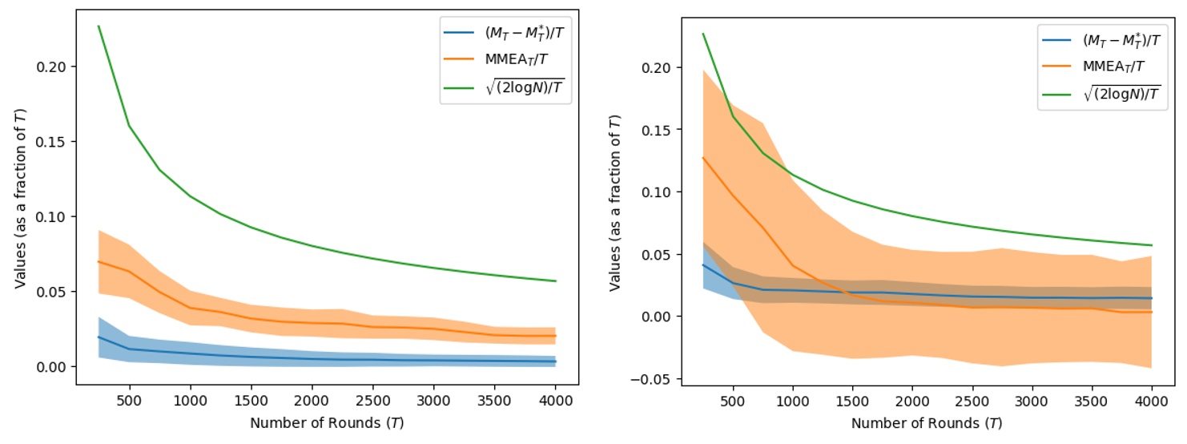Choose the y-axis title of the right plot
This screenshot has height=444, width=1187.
pyautogui.click(x=615, y=204)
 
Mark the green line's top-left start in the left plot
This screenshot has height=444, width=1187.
pyautogui.click(x=99, y=26)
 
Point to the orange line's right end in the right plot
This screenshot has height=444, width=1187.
pyautogui.click(x=1152, y=312)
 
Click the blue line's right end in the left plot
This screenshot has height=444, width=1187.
pyautogui.click(x=555, y=361)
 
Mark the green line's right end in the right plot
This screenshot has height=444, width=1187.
pyautogui.click(x=1152, y=245)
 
